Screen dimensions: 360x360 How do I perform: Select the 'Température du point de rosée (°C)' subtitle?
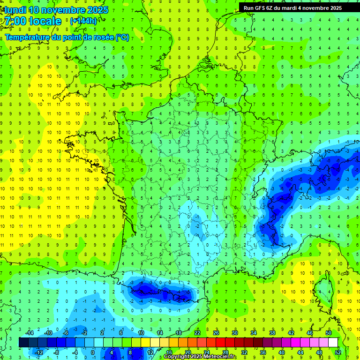pos(67,37)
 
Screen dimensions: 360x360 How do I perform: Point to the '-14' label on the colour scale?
pos(30,333)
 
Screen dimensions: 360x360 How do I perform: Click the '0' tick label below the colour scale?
pos(93,352)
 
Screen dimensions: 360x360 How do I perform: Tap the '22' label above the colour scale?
pos(197,333)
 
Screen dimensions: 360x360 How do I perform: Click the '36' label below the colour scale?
pos(262,352)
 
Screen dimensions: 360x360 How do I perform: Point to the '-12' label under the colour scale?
pos(39,352)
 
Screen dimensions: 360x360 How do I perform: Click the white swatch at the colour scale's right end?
pos(333,342)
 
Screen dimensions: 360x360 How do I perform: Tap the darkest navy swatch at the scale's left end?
pos(23,342)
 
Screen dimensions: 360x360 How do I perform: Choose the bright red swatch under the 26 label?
pos(220,342)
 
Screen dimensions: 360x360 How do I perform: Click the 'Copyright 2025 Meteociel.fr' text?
pos(200,357)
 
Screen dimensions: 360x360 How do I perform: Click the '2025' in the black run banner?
pos(332,7)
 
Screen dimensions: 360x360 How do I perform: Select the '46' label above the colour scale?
pos(310,333)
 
